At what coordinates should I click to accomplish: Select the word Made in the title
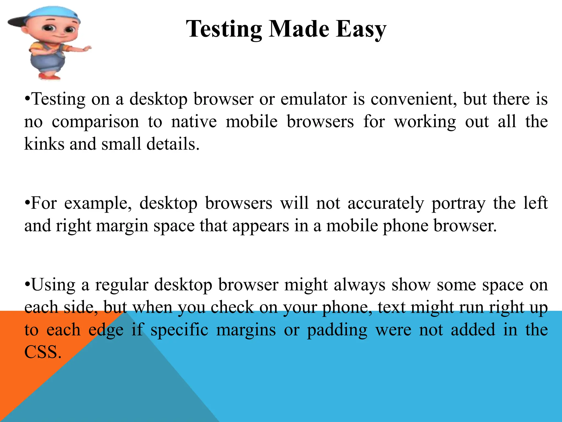click(299, 29)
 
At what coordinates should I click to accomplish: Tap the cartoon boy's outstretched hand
click(86, 49)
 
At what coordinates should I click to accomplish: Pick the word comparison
click(95, 122)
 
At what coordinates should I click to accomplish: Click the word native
click(194, 121)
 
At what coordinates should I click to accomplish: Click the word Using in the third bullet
click(53, 285)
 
